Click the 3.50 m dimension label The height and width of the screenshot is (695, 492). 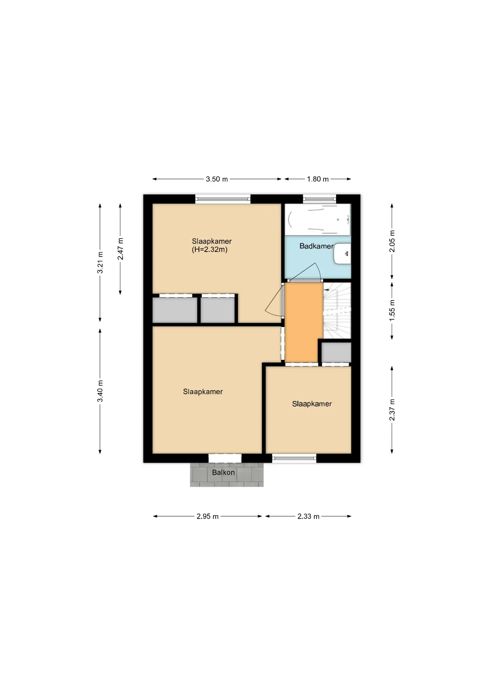click(x=217, y=179)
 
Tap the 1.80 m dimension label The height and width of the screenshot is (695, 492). click(x=318, y=179)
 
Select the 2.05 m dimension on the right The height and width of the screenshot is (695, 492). click(x=392, y=241)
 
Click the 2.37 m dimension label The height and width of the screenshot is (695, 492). click(x=392, y=410)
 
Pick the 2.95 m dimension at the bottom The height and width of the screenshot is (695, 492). click(x=208, y=517)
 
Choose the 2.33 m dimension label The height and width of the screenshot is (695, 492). click(x=308, y=517)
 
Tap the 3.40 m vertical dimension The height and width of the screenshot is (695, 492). click(x=100, y=391)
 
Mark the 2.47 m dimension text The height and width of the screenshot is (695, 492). click(x=121, y=249)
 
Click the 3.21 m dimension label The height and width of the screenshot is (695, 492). click(x=100, y=263)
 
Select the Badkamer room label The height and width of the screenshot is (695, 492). click(x=316, y=246)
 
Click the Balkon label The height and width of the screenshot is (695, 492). click(x=224, y=472)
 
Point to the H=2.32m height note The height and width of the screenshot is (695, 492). click(x=210, y=249)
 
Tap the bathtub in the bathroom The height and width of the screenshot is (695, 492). click(x=318, y=219)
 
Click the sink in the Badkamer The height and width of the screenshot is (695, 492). click(x=342, y=254)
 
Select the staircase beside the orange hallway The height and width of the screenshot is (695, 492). click(x=337, y=311)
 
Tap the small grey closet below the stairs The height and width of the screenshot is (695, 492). click(x=337, y=352)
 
